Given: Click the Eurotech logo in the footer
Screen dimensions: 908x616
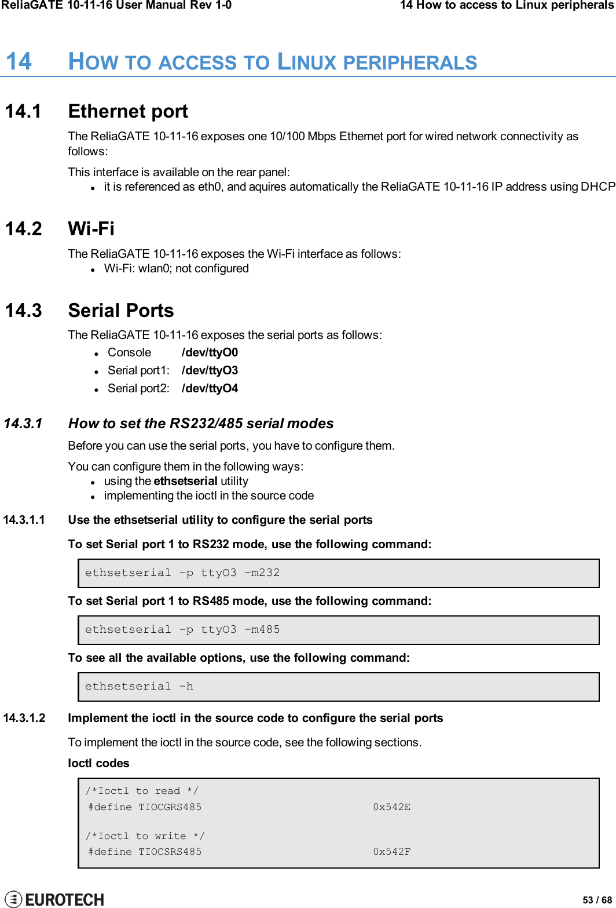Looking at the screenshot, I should click(54, 899).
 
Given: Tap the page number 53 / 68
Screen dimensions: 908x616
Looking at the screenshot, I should click(597, 900).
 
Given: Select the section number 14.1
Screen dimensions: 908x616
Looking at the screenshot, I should click(23, 111).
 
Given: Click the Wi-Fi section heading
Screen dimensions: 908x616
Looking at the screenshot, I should click(91, 229).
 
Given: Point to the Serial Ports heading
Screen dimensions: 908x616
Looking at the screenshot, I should click(120, 311).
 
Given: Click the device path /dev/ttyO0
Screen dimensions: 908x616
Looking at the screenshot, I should click(210, 352).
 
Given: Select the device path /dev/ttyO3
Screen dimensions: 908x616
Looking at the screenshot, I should click(210, 370).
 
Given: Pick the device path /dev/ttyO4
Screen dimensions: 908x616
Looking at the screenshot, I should click(210, 388).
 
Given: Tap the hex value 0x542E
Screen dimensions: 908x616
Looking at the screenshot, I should click(391, 807).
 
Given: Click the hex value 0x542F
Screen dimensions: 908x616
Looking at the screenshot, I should click(391, 852).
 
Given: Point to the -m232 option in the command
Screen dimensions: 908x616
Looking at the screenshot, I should click(262, 573).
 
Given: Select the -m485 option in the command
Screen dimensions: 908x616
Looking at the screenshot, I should click(262, 630).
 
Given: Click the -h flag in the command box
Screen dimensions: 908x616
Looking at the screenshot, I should click(186, 687).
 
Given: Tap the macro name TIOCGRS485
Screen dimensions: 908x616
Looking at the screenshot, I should click(170, 807).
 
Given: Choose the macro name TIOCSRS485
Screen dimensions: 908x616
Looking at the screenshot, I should click(170, 852).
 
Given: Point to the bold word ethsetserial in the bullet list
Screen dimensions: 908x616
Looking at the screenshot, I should click(185, 481).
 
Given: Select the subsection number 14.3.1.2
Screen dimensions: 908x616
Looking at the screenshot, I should click(24, 718).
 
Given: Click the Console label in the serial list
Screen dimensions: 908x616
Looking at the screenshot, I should click(129, 352).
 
